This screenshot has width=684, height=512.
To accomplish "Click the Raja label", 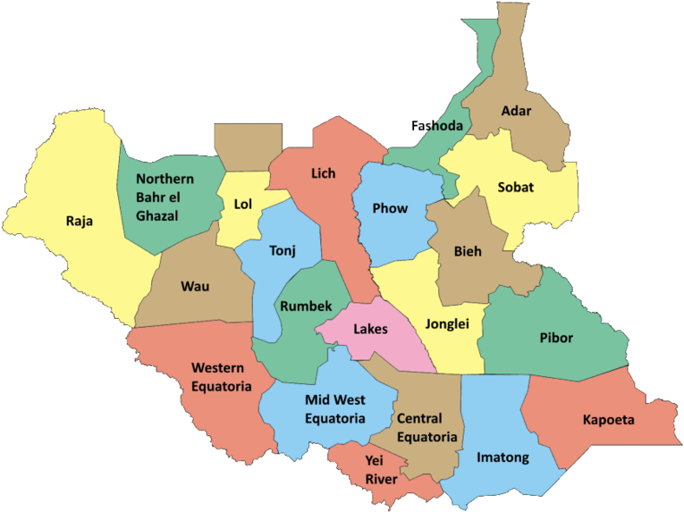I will (x=80, y=221).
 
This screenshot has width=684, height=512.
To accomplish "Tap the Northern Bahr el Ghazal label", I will (x=165, y=197).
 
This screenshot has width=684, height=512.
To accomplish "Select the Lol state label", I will (x=243, y=204).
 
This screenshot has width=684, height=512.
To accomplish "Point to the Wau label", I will (x=195, y=286).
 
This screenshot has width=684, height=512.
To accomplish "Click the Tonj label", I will (x=282, y=250).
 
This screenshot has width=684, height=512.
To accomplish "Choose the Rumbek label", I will (x=300, y=306).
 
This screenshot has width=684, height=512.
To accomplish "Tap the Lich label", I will (x=324, y=172).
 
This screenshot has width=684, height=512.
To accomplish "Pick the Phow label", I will (x=390, y=208).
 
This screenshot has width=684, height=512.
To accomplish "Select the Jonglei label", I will (x=447, y=324).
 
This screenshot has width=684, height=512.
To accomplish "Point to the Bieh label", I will (x=467, y=251).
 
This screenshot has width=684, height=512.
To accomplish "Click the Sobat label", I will (x=516, y=188).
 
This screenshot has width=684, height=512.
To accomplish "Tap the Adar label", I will (x=516, y=111).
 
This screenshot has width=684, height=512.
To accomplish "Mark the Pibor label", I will (x=556, y=338).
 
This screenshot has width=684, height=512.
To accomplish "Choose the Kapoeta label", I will (x=609, y=419).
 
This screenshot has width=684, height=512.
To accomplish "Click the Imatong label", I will (x=502, y=457).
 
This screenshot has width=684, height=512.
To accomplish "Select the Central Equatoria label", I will (x=426, y=428).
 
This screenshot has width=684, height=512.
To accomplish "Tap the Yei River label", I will (x=382, y=470).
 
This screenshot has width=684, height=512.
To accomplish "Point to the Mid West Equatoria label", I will (x=335, y=408).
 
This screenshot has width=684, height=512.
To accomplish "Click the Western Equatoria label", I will (x=221, y=376).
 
